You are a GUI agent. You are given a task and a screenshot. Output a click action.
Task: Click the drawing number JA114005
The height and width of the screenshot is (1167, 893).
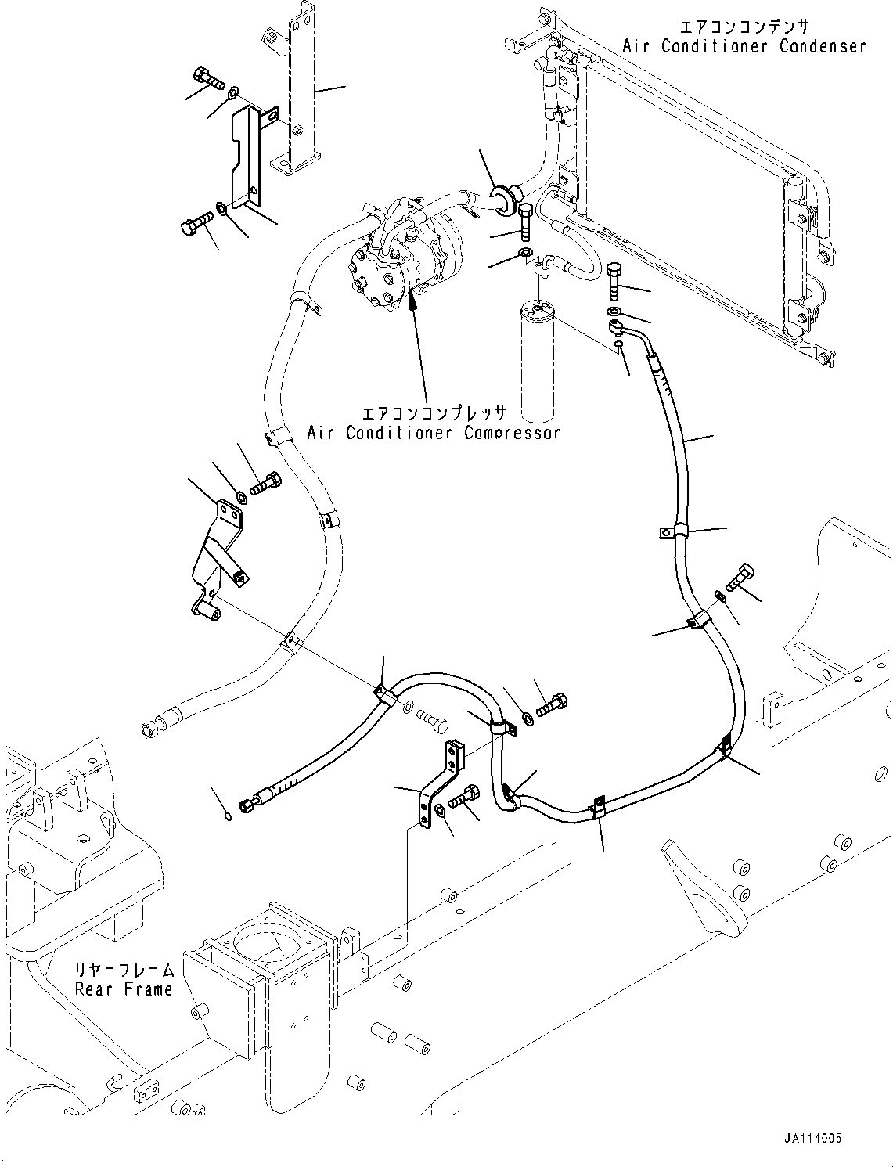coord(810,1139)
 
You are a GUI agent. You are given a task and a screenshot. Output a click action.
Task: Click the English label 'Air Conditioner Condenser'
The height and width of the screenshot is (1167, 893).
coord(744,45)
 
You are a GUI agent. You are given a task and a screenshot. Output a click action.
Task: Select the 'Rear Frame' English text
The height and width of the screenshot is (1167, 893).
coord(124,989)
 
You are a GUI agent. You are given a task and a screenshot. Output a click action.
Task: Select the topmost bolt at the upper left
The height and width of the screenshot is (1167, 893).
coord(206,77)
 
